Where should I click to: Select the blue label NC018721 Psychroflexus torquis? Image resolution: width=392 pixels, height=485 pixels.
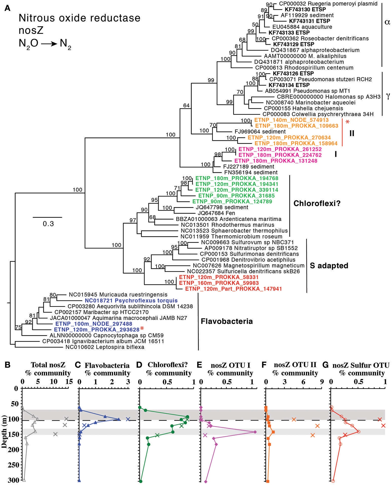(x=131, y=301)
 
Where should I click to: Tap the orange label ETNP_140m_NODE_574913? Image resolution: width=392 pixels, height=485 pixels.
(x=291, y=120)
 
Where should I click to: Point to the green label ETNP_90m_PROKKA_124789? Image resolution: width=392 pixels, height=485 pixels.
(x=232, y=202)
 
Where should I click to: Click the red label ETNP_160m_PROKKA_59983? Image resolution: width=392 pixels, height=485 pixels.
(x=219, y=283)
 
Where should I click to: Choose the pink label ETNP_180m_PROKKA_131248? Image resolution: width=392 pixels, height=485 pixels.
(x=276, y=161)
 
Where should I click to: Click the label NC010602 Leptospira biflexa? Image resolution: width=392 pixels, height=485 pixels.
(x=105, y=347)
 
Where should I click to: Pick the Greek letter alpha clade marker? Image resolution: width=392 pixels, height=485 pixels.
(x=387, y=22)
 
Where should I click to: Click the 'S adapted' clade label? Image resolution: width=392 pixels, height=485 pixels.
(x=329, y=266)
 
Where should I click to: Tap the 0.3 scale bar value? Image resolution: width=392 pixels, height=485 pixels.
(x=48, y=224)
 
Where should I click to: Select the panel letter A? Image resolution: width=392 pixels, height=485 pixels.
(x=8, y=8)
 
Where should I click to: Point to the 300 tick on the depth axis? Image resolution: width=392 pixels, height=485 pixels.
(x=14, y=480)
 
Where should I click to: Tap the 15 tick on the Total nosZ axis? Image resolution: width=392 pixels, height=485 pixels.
(x=69, y=382)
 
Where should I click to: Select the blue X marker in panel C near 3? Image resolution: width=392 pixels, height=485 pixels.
(x=128, y=419)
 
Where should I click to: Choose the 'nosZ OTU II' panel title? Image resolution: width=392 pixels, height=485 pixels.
(x=295, y=365)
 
